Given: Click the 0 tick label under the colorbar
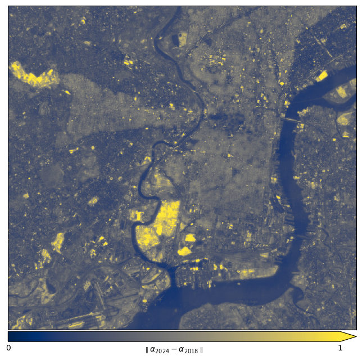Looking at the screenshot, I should tap(8, 348).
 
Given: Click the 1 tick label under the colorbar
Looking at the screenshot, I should tap(340, 348).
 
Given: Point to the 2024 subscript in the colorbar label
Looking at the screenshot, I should tap(163, 351).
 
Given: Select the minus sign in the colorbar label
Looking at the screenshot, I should tap(175, 349).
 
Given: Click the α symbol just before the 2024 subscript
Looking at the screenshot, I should tap(153, 349).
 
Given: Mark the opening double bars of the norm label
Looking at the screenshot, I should tap(147, 350).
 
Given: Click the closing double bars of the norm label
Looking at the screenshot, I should tap(201, 350).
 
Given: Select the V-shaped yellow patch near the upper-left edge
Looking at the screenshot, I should tap(33, 76).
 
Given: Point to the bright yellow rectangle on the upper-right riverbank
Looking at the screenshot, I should tap(322, 76).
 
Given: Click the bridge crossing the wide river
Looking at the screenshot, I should tap(292, 120).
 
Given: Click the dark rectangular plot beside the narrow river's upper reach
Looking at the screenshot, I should tap(183, 39).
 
